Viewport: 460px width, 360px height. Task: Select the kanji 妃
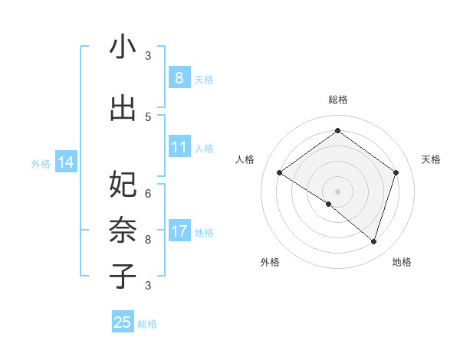[x=123, y=185]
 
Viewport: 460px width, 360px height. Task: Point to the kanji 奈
[x=123, y=230]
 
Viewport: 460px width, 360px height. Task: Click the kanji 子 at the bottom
[x=123, y=276]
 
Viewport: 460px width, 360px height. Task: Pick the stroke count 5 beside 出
[x=148, y=116]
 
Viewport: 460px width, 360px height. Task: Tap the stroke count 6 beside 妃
[x=148, y=194]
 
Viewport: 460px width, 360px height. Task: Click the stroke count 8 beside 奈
[x=148, y=239]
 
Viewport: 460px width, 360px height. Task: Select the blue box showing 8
[x=179, y=78]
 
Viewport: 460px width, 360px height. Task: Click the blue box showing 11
[x=179, y=147]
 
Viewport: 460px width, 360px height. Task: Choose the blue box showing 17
[x=179, y=231]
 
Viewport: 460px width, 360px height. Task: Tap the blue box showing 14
[x=65, y=162]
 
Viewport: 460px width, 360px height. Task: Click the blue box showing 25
[x=123, y=322]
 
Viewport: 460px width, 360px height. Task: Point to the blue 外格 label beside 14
[x=41, y=163]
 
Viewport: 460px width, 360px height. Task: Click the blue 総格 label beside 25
[x=147, y=324]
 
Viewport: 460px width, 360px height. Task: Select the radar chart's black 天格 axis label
[x=431, y=159]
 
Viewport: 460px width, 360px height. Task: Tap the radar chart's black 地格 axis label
[x=402, y=262]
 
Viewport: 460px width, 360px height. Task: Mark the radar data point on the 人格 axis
[x=280, y=173]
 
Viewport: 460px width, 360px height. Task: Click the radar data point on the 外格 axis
[x=329, y=204]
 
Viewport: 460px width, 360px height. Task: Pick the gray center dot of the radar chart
[x=337, y=191]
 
